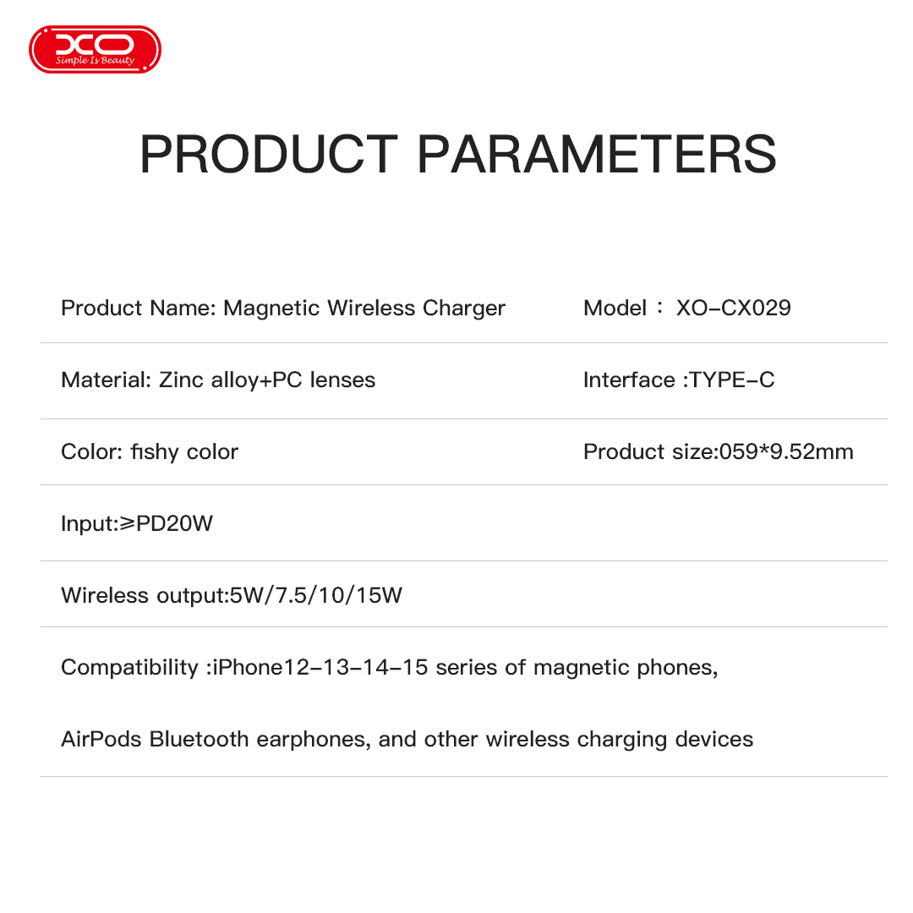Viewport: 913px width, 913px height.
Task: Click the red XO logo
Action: (x=95, y=49)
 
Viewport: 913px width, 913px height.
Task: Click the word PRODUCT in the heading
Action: (x=268, y=155)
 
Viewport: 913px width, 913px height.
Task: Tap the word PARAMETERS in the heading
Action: (x=597, y=155)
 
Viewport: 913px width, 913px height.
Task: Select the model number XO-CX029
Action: (x=733, y=308)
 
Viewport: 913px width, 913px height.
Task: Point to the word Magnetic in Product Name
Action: (x=271, y=308)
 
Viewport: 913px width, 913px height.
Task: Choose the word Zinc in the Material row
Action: (x=181, y=380)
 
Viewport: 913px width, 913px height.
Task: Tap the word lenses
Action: (x=342, y=380)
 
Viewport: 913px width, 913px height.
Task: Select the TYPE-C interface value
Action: (x=732, y=380)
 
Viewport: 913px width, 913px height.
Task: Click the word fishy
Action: (x=155, y=452)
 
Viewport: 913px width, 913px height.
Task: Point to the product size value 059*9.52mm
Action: (x=786, y=452)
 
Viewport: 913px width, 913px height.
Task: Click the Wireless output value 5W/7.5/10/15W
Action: (x=316, y=596)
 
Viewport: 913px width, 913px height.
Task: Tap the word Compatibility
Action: (x=129, y=668)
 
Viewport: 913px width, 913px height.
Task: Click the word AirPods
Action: (x=101, y=740)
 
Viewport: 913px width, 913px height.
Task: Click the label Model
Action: (x=615, y=308)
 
